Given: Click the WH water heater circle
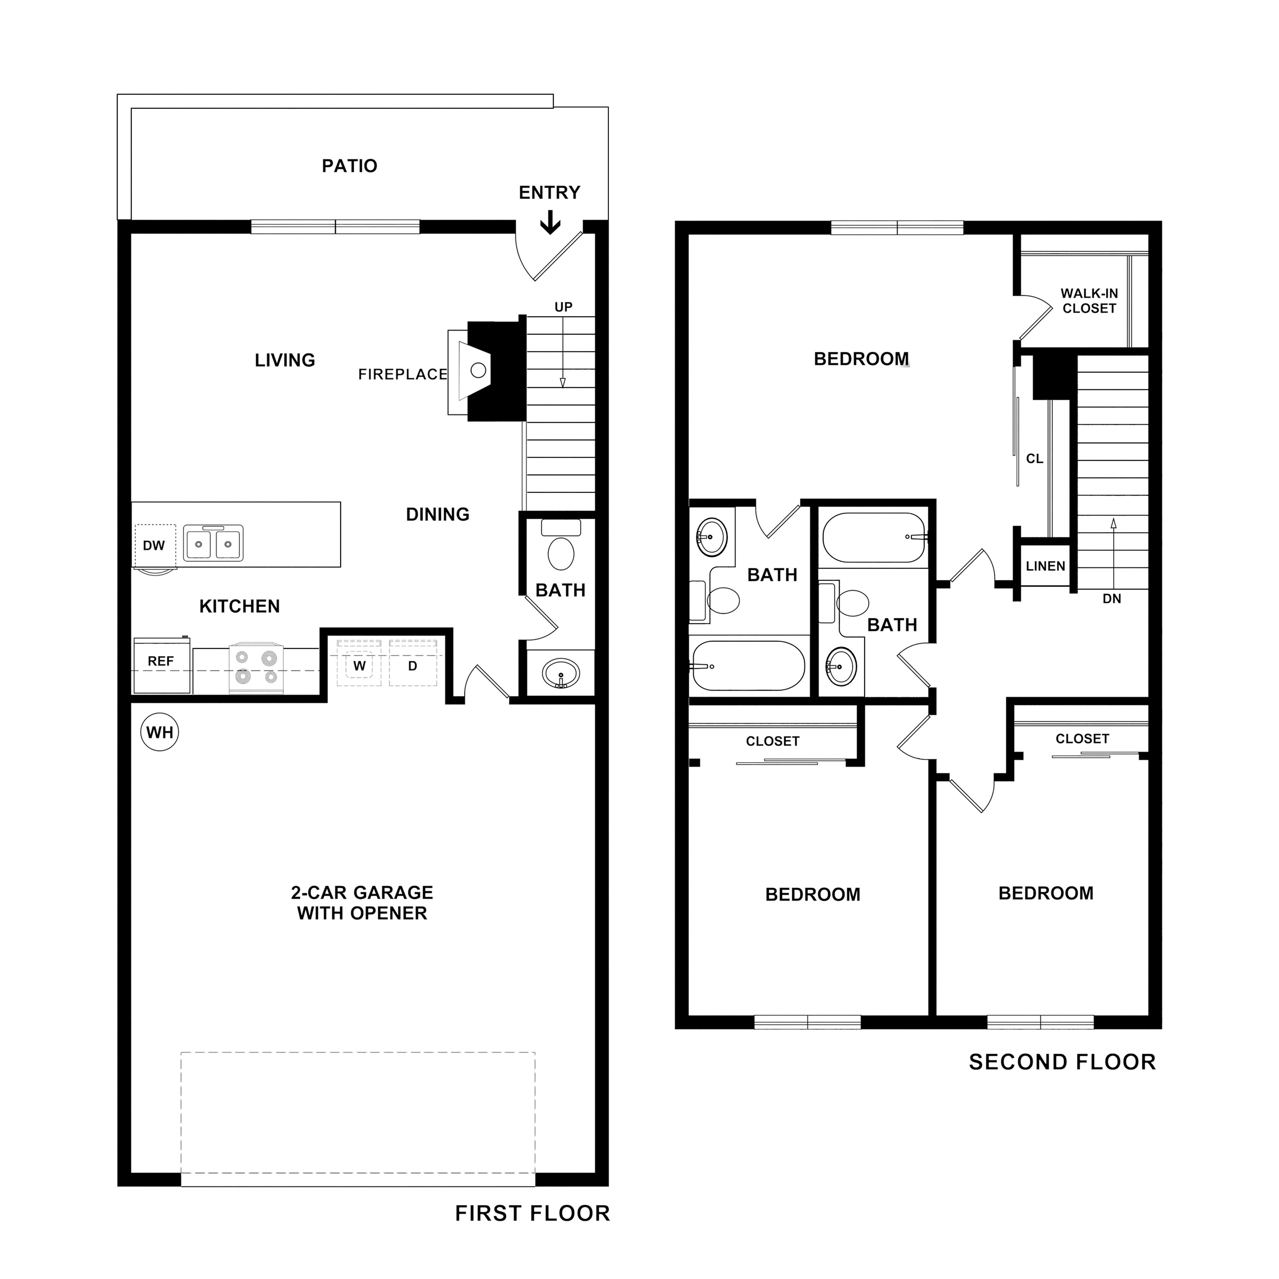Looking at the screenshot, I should (159, 732).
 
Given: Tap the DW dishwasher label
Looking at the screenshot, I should (153, 546).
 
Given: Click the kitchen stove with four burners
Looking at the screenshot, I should (256, 668).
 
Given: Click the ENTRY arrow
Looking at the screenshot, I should (550, 223).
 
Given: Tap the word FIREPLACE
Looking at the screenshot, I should (402, 375).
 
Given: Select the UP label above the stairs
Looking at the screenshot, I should (563, 307).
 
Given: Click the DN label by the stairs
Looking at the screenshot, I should (1111, 599).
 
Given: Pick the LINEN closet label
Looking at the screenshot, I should (1045, 566).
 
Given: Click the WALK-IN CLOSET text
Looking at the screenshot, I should (1089, 301).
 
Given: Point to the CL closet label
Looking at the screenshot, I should (1034, 459).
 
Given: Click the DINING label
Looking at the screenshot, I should (437, 515).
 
